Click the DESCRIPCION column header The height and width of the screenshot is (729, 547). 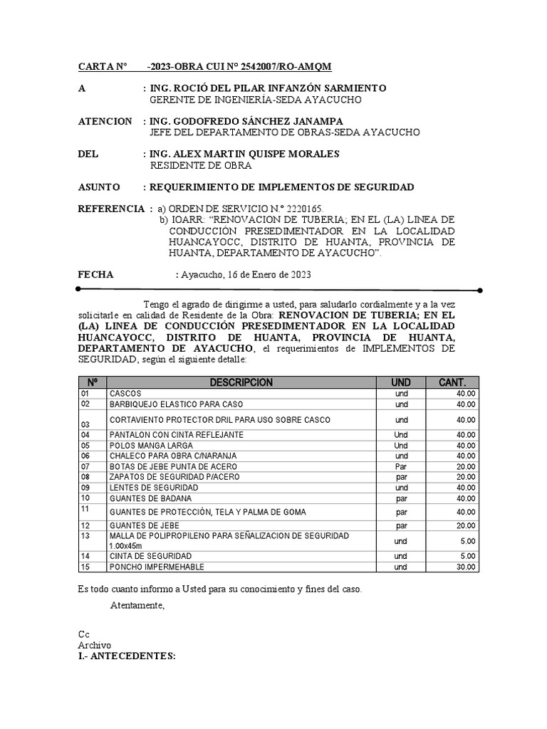click(241, 382)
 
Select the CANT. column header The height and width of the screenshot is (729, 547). click(452, 382)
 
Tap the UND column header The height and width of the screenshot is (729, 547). click(401, 382)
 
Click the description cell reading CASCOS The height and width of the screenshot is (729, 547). click(125, 394)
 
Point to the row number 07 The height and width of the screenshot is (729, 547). click(86, 466)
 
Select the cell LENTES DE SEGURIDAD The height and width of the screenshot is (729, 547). click(153, 488)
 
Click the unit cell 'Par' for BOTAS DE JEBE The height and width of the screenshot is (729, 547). click(401, 466)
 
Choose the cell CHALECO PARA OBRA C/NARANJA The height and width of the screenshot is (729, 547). click(172, 456)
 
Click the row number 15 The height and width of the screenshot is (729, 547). click(86, 567)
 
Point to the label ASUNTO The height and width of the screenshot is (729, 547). click(99, 187)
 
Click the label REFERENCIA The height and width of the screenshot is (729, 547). click(110, 209)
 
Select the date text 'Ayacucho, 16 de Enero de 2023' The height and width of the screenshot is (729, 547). click(246, 274)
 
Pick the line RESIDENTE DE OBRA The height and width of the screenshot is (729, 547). click(201, 166)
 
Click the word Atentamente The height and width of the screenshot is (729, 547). click(137, 606)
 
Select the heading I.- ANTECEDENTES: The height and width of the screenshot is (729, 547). click(127, 656)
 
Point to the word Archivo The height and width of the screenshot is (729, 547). click(95, 645)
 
